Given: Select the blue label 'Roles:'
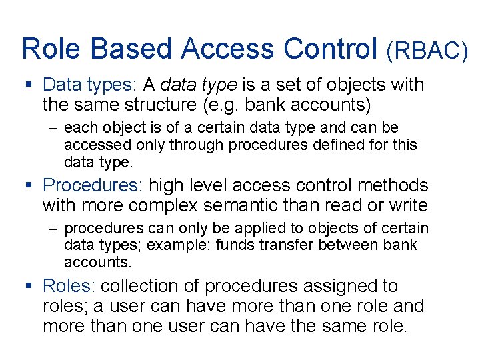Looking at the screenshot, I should [69, 287].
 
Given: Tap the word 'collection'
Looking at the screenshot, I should [149, 287].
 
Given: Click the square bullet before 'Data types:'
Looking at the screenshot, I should [28, 85].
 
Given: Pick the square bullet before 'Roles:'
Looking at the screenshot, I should [28, 287].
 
